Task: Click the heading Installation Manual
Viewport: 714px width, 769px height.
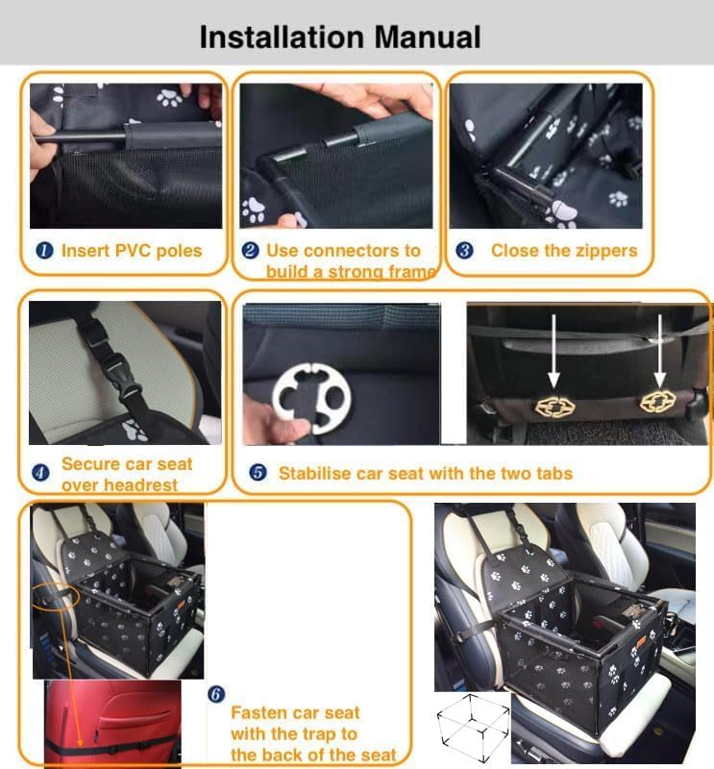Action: tap(339, 37)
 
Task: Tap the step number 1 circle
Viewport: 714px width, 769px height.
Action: tap(44, 251)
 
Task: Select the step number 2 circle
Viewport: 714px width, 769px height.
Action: tap(250, 251)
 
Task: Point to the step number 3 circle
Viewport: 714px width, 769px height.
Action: tap(464, 251)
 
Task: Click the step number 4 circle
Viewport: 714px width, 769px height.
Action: tap(40, 473)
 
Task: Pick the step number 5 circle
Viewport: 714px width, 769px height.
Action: tap(258, 473)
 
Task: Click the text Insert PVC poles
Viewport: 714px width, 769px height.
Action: tap(132, 251)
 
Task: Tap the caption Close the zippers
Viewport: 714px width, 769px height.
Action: tap(563, 251)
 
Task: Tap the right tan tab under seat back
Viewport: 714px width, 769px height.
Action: tap(657, 402)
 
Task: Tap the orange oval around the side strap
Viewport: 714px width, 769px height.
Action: tap(56, 596)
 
